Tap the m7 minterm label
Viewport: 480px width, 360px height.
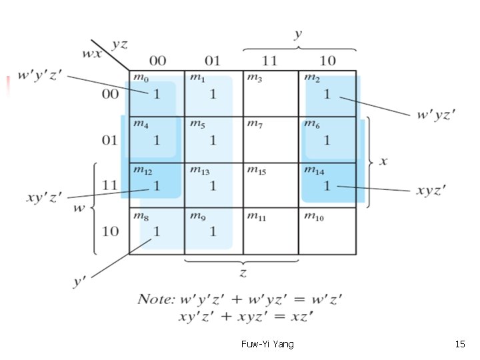254,123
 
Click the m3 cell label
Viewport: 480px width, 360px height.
254,77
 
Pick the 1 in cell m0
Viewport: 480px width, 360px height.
157,94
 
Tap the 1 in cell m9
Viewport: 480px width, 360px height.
213,231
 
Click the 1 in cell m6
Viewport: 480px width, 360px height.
327,140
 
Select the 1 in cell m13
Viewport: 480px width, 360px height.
213,186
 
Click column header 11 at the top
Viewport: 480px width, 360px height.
269,61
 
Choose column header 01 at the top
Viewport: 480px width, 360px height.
213,61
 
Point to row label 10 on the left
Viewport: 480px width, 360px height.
109,231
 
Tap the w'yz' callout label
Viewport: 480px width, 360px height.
437,115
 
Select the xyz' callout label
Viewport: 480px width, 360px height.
431,191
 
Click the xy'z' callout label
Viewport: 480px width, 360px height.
44,197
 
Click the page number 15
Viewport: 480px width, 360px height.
459,344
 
